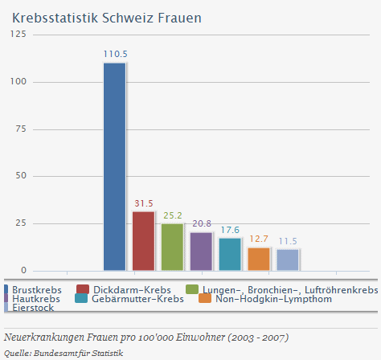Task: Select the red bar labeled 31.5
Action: point(143,241)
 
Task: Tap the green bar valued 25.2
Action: point(172,247)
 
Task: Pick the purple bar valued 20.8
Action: point(201,251)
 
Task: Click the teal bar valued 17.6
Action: point(230,254)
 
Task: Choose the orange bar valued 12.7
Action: point(259,259)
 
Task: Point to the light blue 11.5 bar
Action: point(288,260)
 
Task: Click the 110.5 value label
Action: point(115,54)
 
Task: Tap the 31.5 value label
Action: point(144,203)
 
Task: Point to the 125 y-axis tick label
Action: point(18,35)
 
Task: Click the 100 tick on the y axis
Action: point(18,82)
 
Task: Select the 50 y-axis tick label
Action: point(21,176)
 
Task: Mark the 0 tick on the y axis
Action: point(23,270)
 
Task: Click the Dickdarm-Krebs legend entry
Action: point(132,289)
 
